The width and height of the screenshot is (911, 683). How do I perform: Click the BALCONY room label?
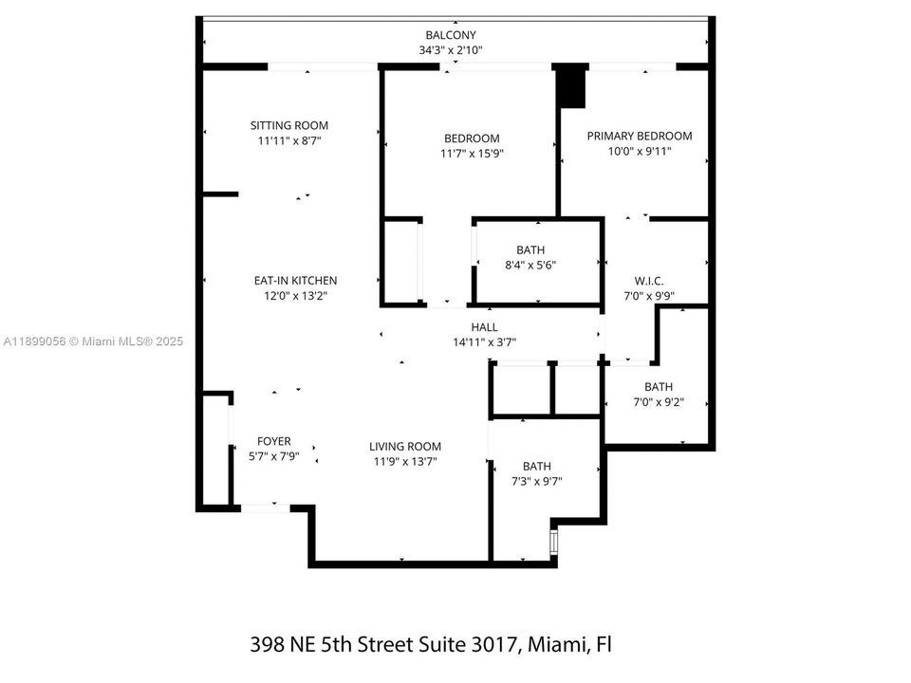point(451,35)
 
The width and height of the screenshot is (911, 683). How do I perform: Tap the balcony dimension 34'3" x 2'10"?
point(451,50)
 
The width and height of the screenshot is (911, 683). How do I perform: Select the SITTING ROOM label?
point(289,125)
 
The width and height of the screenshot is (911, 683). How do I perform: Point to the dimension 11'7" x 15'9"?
point(472,154)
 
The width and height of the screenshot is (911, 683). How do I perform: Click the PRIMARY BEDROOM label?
point(640,136)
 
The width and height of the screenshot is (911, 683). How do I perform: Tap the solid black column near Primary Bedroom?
point(571,86)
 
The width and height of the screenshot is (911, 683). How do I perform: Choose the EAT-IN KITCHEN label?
point(295,281)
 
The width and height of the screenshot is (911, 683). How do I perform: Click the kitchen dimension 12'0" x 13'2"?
point(295,296)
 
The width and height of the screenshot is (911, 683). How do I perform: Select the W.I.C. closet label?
point(649,281)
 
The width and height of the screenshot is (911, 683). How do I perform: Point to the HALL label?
point(484,327)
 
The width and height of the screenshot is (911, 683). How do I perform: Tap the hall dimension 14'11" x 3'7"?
point(484,342)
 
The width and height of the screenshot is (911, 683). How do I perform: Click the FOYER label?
point(274,441)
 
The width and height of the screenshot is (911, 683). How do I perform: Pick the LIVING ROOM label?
point(405,447)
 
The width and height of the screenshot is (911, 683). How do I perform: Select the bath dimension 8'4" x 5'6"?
point(530,266)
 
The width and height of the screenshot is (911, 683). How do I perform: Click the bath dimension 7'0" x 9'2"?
point(659,402)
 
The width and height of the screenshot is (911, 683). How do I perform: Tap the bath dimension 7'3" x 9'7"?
point(536,482)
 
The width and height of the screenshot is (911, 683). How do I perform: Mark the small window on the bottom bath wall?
point(555,542)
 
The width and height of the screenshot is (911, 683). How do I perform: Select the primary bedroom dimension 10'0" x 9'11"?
point(640,151)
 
